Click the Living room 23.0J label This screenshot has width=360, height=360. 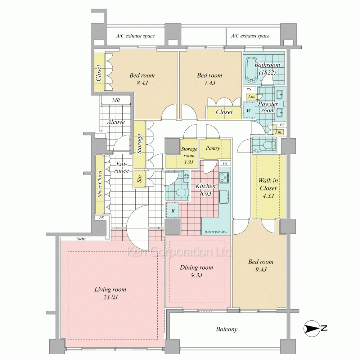(x=110, y=293)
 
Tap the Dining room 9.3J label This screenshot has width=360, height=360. (x=197, y=271)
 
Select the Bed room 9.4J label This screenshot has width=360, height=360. (x=261, y=265)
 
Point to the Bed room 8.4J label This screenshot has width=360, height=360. (x=142, y=79)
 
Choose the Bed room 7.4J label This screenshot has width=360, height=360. (x=210, y=79)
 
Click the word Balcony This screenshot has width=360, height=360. (x=226, y=329)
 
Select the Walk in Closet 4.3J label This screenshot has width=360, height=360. (x=268, y=188)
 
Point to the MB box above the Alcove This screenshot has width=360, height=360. (x=116, y=100)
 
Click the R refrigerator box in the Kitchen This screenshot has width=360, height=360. (x=173, y=210)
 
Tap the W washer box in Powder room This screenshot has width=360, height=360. (x=249, y=111)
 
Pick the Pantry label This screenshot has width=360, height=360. (x=213, y=148)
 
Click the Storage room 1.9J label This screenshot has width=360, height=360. (x=189, y=156)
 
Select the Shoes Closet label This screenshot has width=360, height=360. (x=100, y=184)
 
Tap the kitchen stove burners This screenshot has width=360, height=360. (x=225, y=177)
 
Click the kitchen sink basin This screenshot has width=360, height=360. (x=224, y=197)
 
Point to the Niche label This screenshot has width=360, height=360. (x=81, y=239)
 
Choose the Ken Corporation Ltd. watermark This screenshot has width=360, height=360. (x=180, y=252)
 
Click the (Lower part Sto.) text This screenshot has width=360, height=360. (x=216, y=231)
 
